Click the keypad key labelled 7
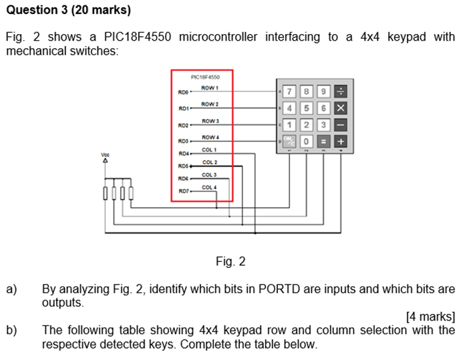click(x=289, y=92)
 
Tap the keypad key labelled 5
click(x=306, y=108)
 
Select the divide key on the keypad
click(x=340, y=92)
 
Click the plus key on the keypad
click(x=340, y=142)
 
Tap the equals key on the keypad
click(x=323, y=142)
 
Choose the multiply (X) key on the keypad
click(x=340, y=108)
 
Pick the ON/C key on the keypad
click(x=289, y=142)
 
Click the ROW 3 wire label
click(x=210, y=120)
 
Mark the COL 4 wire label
click(x=210, y=188)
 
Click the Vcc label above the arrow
click(x=105, y=154)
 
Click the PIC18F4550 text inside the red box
click(x=202, y=76)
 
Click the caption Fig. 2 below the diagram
click(x=230, y=262)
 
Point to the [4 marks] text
click(x=430, y=317)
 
